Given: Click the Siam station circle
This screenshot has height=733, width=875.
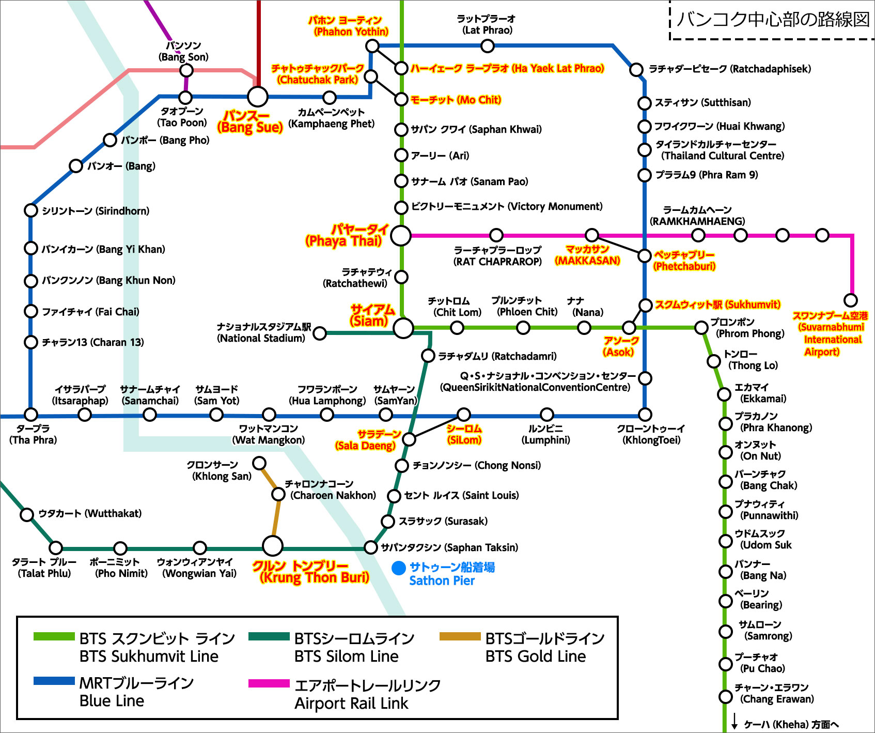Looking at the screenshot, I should coord(403,328).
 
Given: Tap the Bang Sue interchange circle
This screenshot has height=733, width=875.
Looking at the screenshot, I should coord(258,97).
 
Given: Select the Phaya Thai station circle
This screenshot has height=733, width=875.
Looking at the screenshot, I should coord(401,235).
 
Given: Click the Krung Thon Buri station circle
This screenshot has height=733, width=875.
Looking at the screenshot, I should coord(273,545).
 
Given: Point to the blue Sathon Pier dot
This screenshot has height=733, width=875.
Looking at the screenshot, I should coord(399,568).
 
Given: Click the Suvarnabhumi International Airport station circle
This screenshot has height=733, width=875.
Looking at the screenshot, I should coord(850,300).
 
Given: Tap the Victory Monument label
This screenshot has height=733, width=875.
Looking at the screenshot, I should coord(506,207).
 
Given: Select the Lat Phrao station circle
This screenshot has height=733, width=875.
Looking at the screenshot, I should coord(487,46).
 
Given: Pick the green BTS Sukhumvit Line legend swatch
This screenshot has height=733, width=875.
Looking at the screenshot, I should coord(54,636).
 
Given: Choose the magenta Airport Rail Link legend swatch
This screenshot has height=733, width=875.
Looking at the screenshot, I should coord(269,683).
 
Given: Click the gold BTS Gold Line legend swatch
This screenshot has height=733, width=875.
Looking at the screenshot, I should coord(460,636).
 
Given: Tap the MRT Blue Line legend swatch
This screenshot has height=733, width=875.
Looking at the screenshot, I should coord(54,681).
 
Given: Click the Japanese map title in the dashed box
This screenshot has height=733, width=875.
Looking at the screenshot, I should coord(773,19).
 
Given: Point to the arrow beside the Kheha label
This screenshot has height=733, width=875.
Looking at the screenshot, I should coord(735,722).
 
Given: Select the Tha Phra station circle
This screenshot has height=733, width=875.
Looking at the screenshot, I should coord(31,415).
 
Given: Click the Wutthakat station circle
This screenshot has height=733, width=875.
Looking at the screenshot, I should coord(27,514).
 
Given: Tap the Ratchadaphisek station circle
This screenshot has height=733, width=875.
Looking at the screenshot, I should coord(636,69).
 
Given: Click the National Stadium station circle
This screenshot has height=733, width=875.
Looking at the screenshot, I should coord(320,333).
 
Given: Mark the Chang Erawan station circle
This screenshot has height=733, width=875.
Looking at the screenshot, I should coord(726,697).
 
